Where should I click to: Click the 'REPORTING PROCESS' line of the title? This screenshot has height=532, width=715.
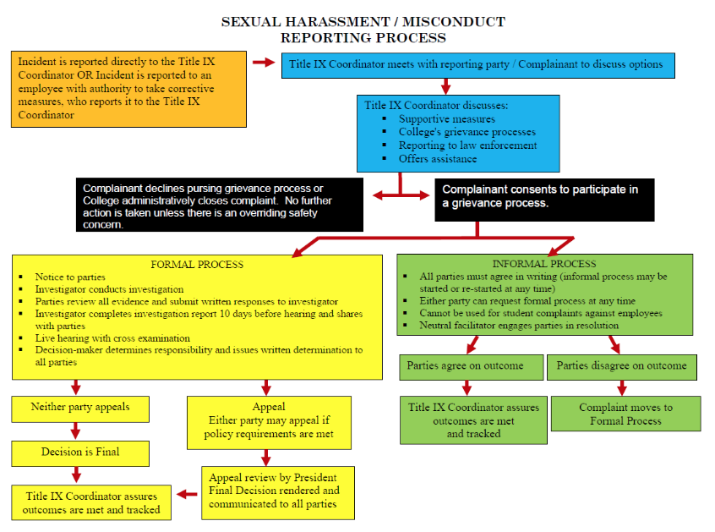tap(363, 37)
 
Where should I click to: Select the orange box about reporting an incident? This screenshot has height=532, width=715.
tap(129, 90)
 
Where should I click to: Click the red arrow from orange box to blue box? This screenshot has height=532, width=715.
tap(264, 62)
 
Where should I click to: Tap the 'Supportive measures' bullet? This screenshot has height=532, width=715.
tap(447, 119)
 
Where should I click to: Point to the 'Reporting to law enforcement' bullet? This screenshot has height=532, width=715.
tap(467, 145)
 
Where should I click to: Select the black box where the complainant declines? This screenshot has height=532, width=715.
tap(220, 204)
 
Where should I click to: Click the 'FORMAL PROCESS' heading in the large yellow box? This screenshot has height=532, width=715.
tap(197, 264)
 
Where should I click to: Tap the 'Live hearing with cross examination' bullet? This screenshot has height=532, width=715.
tap(114, 337)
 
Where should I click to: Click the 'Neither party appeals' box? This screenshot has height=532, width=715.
tap(80, 408)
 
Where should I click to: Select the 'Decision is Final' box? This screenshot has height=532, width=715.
tap(80, 452)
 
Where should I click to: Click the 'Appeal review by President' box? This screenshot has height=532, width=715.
tap(277, 491)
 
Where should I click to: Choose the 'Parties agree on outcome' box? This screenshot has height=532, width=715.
tap(465, 366)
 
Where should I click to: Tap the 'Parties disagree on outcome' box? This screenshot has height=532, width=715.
tap(622, 366)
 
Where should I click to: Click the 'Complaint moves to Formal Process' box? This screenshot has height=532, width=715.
tap(625, 414)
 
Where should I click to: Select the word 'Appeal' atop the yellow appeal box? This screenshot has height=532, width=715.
tap(269, 407)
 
